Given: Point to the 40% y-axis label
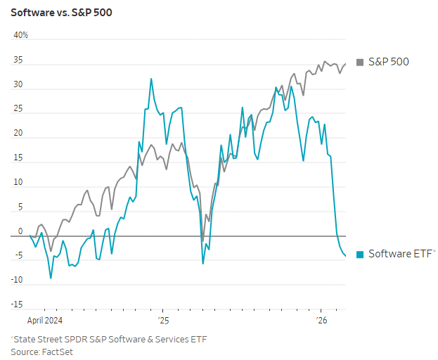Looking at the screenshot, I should [x=21, y=35].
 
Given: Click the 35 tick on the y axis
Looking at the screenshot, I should [x=18, y=60].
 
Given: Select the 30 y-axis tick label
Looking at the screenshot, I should [x=18, y=85].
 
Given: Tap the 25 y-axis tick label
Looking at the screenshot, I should [x=18, y=110].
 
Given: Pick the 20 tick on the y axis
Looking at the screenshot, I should [x=18, y=134].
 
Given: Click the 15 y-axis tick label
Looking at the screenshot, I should [x=18, y=158].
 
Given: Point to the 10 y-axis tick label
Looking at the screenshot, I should [x=18, y=183].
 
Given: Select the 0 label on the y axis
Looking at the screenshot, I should [x=20, y=231].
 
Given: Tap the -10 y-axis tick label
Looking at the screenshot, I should [x=17, y=281].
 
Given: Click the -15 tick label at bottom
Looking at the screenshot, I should [x=17, y=304].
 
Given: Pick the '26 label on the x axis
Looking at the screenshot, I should [x=321, y=320].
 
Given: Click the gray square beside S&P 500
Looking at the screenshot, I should [x=361, y=62].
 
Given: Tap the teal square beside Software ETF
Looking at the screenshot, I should [x=361, y=254].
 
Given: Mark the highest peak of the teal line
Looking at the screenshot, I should [x=151, y=79].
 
